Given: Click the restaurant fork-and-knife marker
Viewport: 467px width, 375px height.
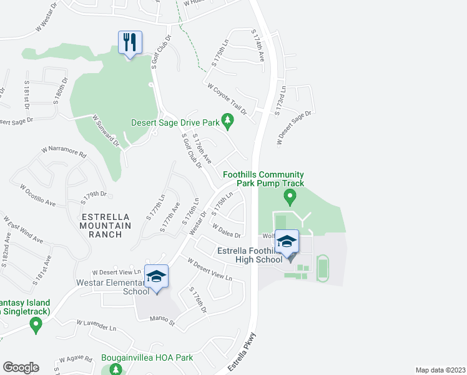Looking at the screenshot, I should click(x=130, y=42).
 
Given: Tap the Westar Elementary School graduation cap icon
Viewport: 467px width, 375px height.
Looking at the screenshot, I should click(x=156, y=277).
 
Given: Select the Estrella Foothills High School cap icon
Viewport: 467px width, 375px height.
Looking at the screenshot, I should click(x=287, y=242).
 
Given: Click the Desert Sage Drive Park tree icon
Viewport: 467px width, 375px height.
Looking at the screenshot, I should click(x=228, y=120).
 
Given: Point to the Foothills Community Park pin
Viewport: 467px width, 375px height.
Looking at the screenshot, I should click(x=289, y=198).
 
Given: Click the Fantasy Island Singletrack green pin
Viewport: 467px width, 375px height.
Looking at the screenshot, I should click(x=36, y=324).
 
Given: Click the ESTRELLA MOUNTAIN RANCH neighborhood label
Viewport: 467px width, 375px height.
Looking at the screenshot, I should click(x=106, y=226).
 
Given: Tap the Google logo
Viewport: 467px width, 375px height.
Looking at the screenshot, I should click(x=21, y=367).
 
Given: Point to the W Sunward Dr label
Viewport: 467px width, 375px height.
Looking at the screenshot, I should click(x=106, y=129).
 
